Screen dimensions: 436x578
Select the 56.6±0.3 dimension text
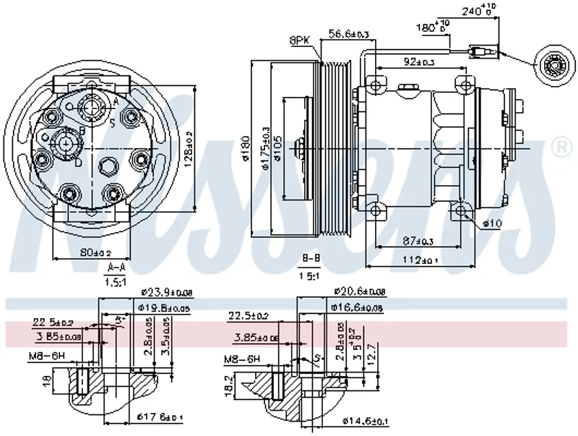tap(349, 33)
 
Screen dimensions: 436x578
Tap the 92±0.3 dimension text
tap(420, 62)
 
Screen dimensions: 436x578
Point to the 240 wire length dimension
tap(478, 11)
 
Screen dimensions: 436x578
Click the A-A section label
tap(116, 268)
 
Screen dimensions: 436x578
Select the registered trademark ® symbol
tap(558, 147)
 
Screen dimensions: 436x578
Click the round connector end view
tap(554, 69)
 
